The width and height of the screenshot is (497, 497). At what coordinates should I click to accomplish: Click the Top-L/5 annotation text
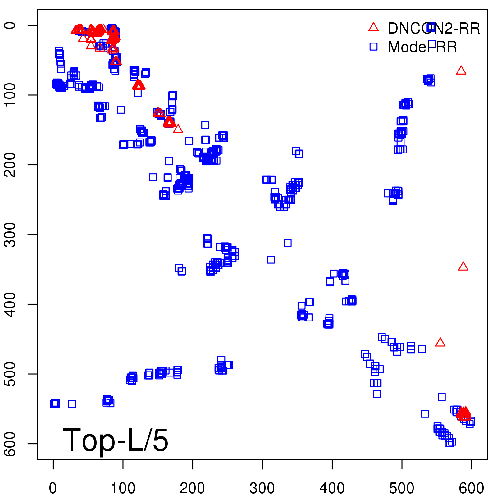click(x=116, y=440)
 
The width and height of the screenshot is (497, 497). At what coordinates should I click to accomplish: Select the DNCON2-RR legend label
click(x=434, y=29)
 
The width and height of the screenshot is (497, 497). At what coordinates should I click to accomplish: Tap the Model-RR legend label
click(x=422, y=47)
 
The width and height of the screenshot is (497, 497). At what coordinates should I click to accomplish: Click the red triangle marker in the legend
click(x=373, y=27)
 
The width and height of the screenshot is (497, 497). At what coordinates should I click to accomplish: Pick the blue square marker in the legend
click(x=373, y=47)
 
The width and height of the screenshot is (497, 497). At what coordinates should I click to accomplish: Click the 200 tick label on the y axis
click(x=11, y=165)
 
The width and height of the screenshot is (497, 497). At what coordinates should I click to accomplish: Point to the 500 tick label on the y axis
click(x=11, y=374)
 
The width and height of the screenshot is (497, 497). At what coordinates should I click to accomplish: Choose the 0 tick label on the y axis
click(x=11, y=25)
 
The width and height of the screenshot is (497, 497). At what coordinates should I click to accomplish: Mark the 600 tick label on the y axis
click(x=11, y=444)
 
